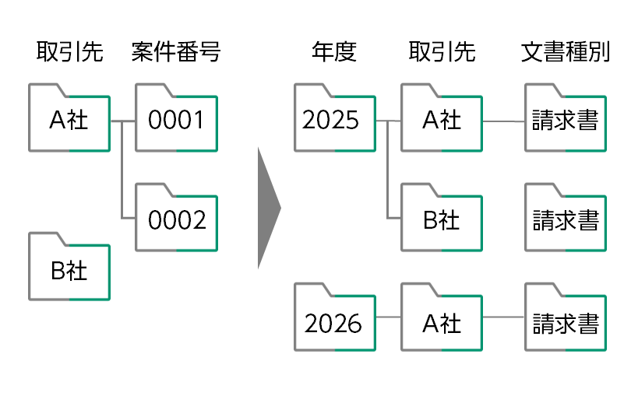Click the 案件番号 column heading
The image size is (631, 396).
point(176,53)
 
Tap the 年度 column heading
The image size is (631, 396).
point(333,53)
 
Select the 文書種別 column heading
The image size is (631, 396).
point(565,53)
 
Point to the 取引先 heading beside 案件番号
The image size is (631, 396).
point(69,53)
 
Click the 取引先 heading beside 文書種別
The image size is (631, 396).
point(441,53)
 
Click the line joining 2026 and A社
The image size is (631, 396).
point(387,318)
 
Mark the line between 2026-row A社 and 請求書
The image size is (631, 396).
point(503,318)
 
